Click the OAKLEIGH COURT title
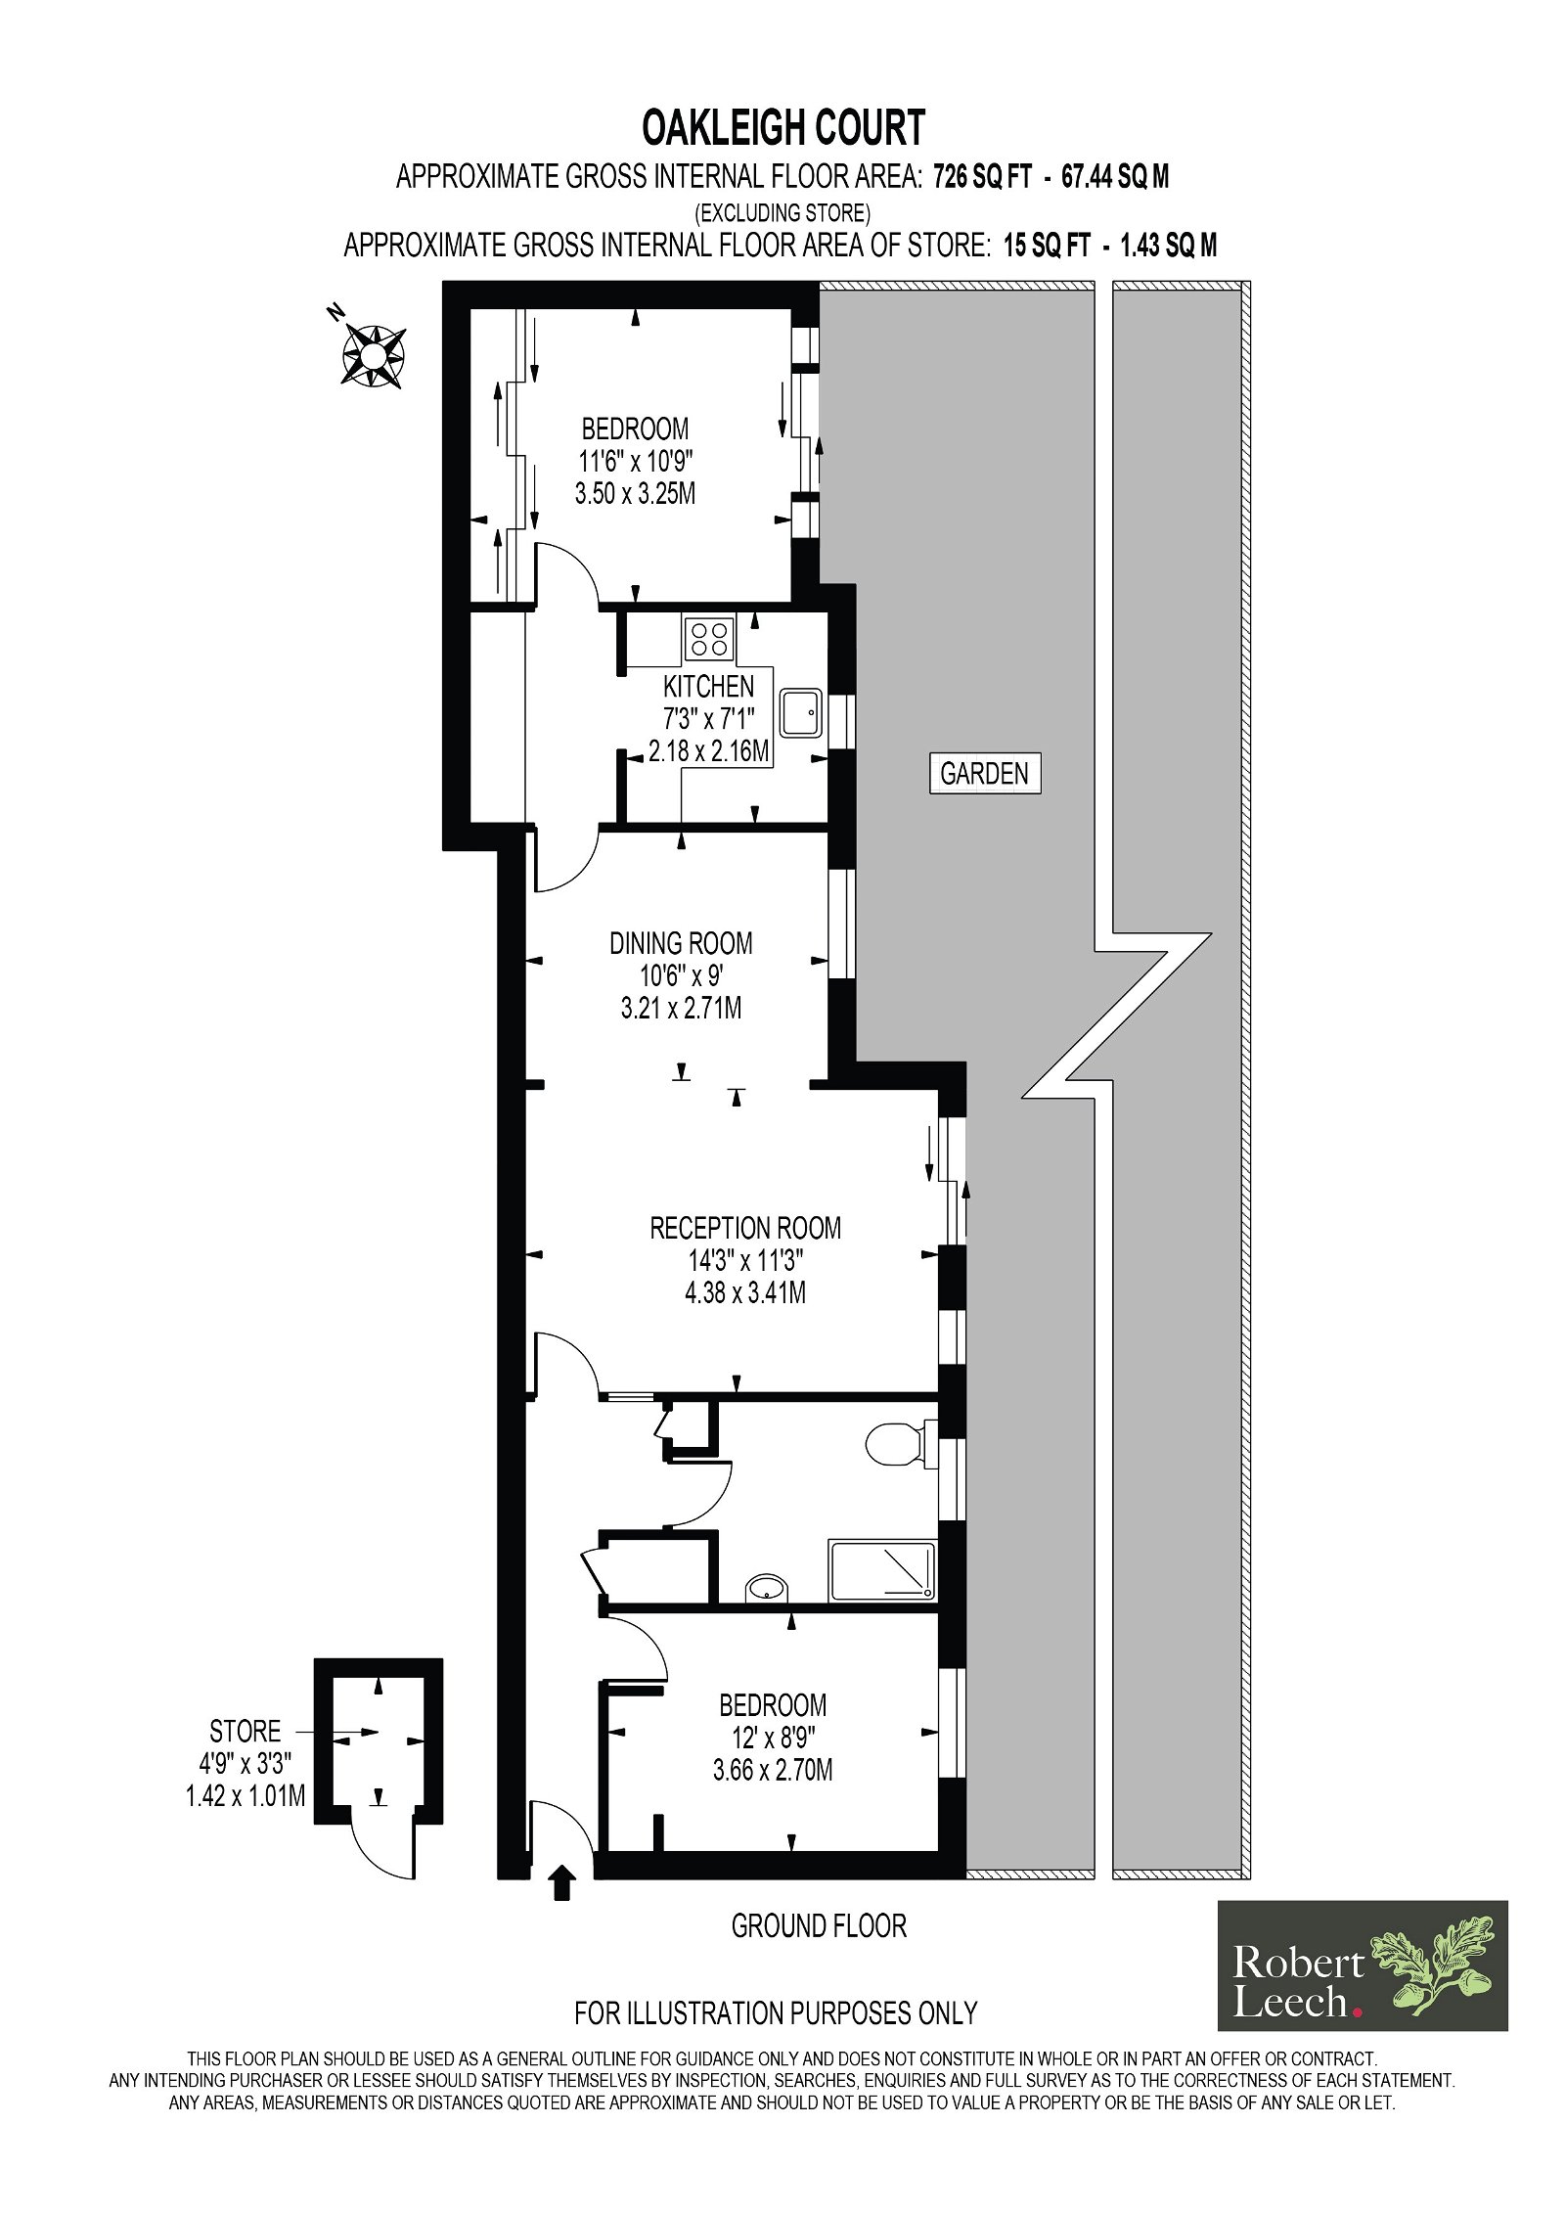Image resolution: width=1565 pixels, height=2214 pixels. (782, 127)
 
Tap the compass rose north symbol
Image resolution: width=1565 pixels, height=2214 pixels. (372, 353)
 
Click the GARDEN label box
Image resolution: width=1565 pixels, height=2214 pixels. (984, 773)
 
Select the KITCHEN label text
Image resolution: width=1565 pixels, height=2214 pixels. (708, 686)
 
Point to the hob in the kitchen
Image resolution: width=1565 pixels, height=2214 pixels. (709, 639)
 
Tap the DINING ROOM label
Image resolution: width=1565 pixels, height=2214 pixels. (681, 943)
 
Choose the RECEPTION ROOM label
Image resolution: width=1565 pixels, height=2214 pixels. (745, 1228)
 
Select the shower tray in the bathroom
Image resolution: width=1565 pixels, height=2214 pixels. (882, 1571)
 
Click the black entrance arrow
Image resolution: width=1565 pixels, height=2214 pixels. (561, 1881)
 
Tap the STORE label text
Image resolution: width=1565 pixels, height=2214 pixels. (245, 1731)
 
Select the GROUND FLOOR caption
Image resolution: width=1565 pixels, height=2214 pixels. (819, 1926)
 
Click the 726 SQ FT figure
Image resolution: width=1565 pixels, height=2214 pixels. (982, 177)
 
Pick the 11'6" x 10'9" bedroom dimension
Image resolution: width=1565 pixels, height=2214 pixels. (636, 461)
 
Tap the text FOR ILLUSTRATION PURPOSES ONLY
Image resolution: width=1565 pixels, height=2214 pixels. (776, 2013)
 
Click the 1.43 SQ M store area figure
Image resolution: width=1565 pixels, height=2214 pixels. (1168, 246)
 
